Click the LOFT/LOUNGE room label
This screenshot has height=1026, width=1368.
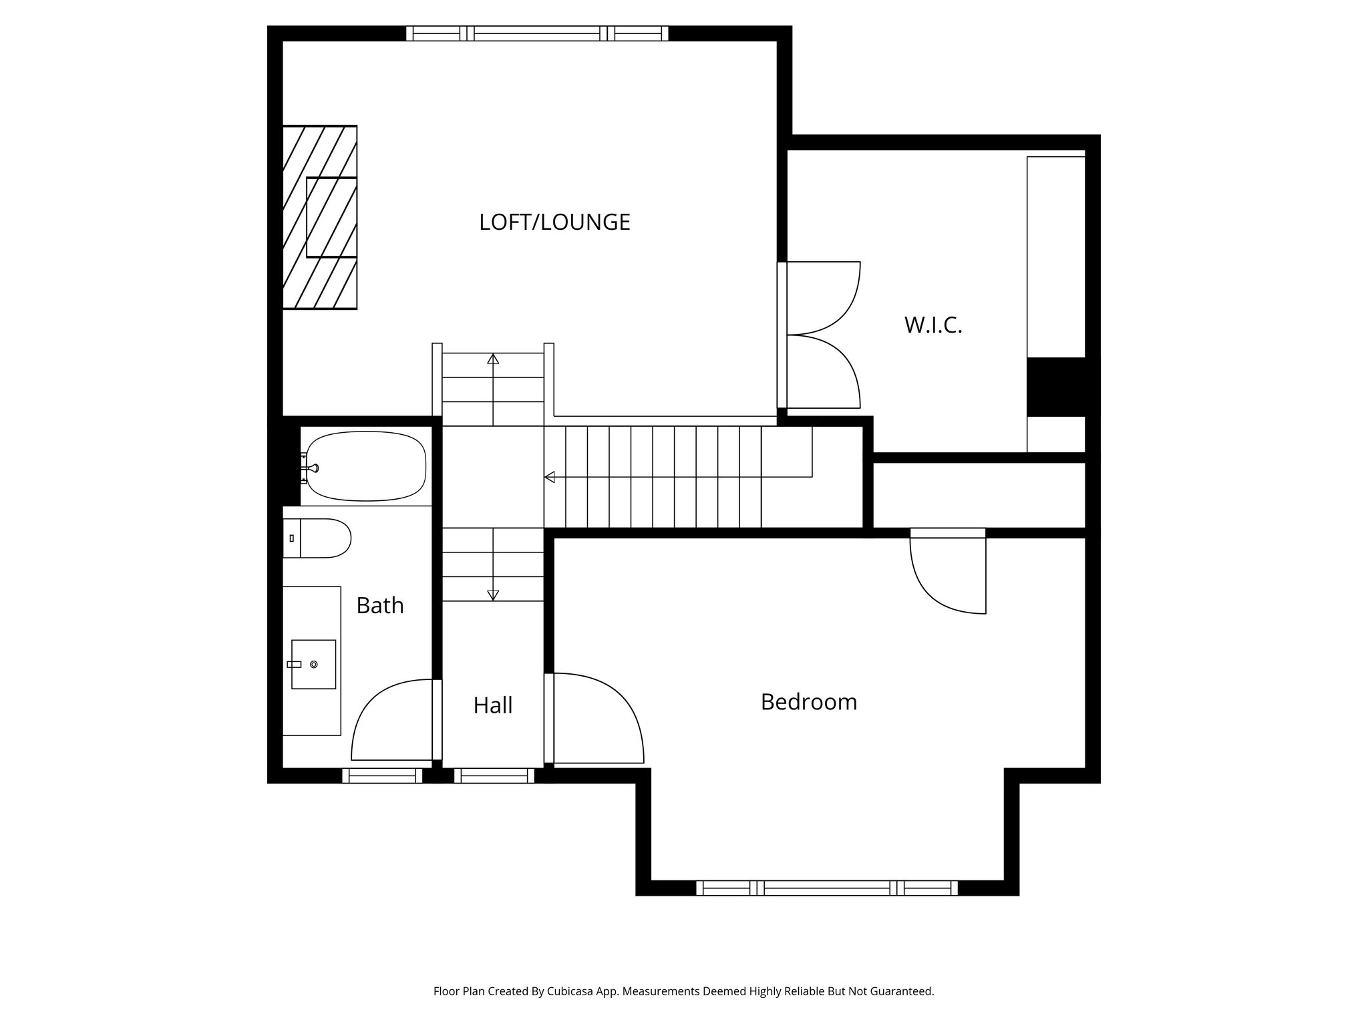click(x=554, y=222)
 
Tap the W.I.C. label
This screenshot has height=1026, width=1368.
click(x=933, y=325)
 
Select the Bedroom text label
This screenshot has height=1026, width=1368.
click(x=808, y=702)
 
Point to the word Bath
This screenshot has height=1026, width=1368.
click(x=379, y=605)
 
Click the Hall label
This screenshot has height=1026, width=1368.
click(x=492, y=705)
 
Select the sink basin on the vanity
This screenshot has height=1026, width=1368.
click(x=313, y=664)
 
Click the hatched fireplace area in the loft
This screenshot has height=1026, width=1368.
click(x=319, y=217)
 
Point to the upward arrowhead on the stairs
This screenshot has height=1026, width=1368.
click(x=493, y=359)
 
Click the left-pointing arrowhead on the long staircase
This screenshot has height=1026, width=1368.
click(x=550, y=477)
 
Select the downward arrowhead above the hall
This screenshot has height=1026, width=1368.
click(x=493, y=594)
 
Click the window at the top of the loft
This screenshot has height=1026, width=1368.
click(x=537, y=33)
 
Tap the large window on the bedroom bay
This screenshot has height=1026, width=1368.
click(x=827, y=888)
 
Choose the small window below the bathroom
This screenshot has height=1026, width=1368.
click(x=382, y=776)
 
